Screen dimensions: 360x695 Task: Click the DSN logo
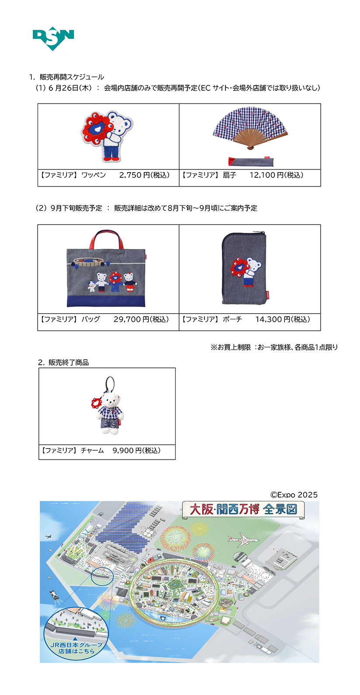pyautogui.click(x=53, y=38)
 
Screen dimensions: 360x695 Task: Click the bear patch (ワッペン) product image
pyautogui.click(x=107, y=136)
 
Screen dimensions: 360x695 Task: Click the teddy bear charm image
pyautogui.click(x=107, y=405)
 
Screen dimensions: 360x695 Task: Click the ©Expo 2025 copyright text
pyautogui.click(x=294, y=495)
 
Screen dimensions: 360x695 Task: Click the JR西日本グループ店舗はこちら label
pyautogui.click(x=76, y=648)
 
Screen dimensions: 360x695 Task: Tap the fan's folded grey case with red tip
pyautogui.click(x=251, y=162)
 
